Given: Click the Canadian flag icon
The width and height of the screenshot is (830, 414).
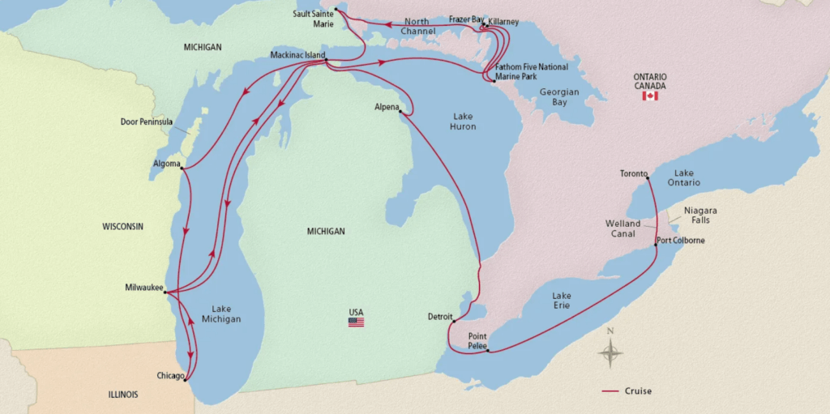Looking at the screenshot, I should point(649,96).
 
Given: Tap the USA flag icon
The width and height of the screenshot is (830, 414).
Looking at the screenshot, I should point(356,322).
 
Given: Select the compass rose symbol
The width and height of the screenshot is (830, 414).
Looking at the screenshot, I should point(610,352).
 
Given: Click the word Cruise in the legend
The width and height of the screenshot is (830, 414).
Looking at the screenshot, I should point(638,391).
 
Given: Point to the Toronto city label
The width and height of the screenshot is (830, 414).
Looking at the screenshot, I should point(634,173).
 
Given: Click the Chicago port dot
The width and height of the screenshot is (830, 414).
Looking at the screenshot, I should point(186,379).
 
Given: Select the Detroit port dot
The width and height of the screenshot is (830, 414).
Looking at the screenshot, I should point(454,321).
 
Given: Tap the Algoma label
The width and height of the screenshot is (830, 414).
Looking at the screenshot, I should point(166,164).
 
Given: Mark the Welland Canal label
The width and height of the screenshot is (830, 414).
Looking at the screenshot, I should point(622,228).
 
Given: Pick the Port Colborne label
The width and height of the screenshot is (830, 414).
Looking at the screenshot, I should point(681,240).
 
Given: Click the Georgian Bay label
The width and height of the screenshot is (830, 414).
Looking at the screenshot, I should point(559,97).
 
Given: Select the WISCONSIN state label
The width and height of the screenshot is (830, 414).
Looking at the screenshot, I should point(122,226).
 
